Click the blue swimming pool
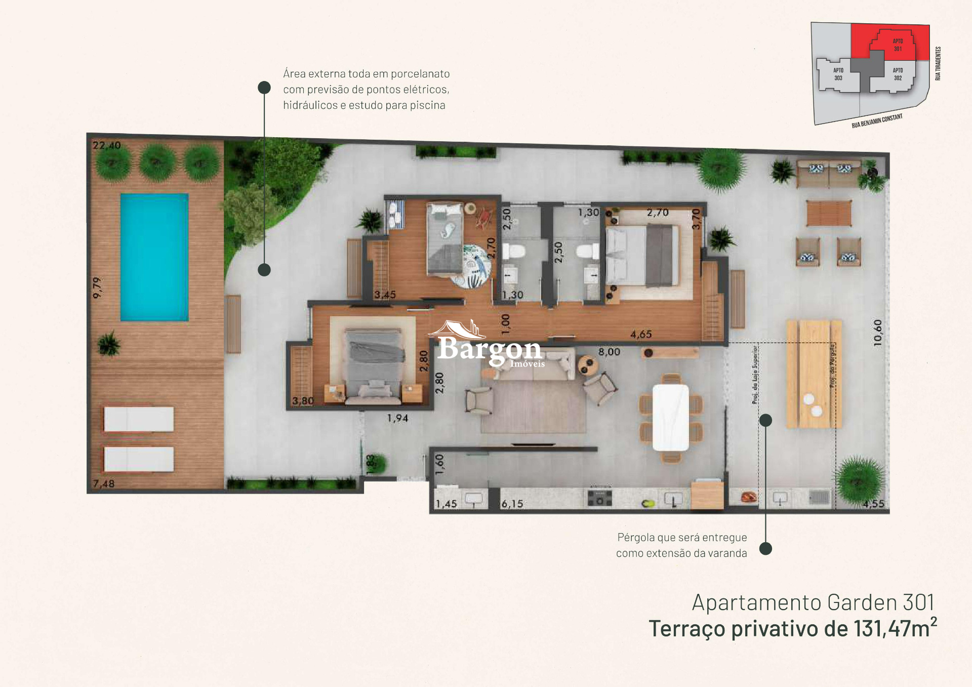[x=154, y=257]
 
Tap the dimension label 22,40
[x=106, y=145]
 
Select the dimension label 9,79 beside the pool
[x=97, y=287]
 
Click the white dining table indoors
[x=670, y=417]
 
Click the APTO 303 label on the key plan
[x=838, y=74]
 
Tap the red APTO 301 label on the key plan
[x=898, y=45]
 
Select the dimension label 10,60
[x=878, y=333]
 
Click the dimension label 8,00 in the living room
[x=609, y=351]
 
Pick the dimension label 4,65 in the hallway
[x=641, y=334]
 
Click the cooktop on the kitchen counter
[x=600, y=497]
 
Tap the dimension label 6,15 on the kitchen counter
[x=512, y=504]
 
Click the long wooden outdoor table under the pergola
[x=814, y=374]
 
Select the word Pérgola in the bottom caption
[x=636, y=537]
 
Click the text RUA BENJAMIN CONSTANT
[x=877, y=121]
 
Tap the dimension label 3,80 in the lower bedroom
[x=303, y=400]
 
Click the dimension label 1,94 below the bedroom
[x=397, y=418]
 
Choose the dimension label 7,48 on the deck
[x=104, y=483]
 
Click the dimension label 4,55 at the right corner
[x=873, y=504]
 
